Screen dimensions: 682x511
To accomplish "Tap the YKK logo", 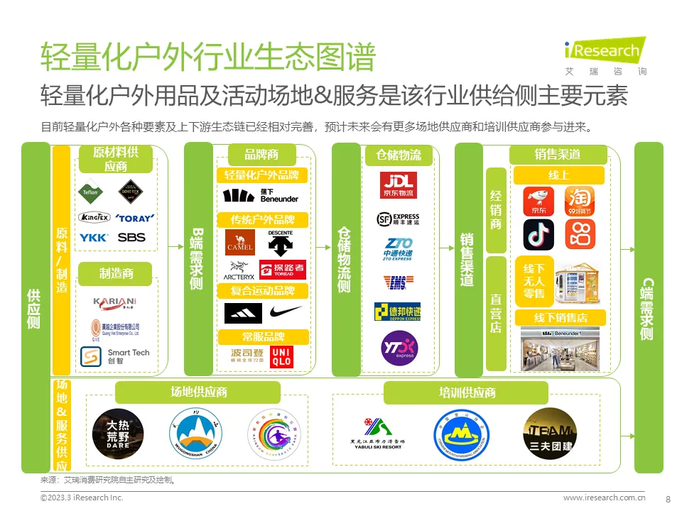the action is point(93,238).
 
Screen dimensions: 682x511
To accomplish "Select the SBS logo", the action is point(131,238).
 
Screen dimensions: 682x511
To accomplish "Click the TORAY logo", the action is point(134,218).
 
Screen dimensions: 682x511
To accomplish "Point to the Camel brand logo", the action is point(239,243).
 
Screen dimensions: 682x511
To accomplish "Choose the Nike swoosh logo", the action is point(286,313).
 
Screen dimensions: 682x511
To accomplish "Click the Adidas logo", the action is point(243,313).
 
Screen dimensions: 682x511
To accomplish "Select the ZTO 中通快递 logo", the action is point(397,249).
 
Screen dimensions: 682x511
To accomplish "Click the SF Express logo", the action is point(398,219).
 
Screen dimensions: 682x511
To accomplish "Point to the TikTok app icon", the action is point(538,235).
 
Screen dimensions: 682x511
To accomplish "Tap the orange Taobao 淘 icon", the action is point(580,202).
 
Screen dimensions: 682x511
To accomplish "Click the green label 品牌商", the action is point(261,154).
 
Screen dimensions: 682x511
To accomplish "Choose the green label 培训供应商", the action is point(466,392).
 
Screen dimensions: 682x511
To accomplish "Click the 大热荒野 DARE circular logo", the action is point(118,433).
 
